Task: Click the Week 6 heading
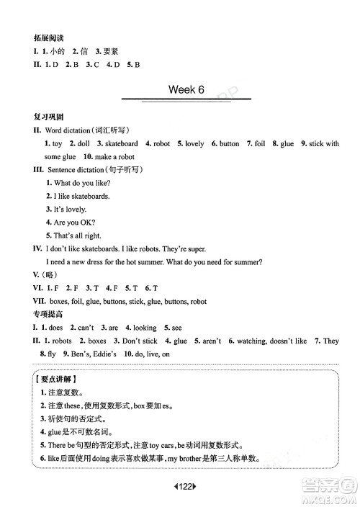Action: pyautogui.click(x=186, y=89)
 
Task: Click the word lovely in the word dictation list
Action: pyautogui.click(x=194, y=143)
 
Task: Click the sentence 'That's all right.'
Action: pyautogui.click(x=77, y=235)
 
